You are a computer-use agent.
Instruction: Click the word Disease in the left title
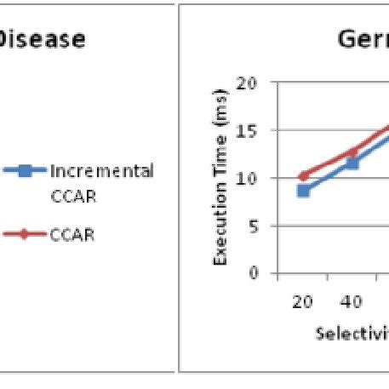[43, 40]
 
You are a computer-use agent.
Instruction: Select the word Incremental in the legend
[102, 171]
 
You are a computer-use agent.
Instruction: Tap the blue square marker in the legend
[26, 171]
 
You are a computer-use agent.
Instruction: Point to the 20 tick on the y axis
[247, 83]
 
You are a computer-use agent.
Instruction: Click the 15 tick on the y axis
[247, 131]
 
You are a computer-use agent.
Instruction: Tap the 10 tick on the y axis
[247, 179]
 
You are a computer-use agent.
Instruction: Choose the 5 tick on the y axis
[252, 226]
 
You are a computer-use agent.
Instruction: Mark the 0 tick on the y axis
[252, 274]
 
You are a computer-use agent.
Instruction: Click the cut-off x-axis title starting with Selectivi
[352, 333]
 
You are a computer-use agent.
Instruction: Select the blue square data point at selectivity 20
[303, 191]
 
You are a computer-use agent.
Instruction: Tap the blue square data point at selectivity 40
[352, 162]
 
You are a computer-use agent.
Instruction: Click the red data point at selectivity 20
[303, 176]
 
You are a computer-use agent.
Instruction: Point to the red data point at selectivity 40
[352, 152]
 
